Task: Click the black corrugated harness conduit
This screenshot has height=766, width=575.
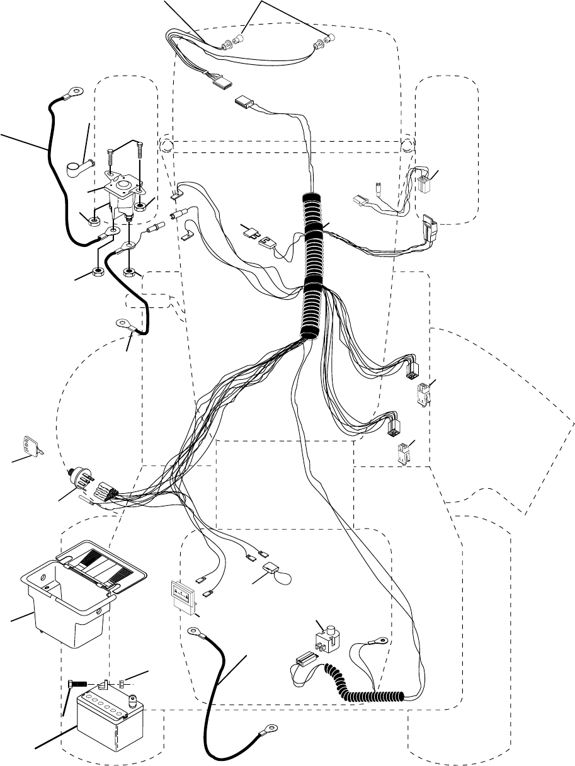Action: [x=313, y=265]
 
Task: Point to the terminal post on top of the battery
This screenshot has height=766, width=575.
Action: [x=134, y=697]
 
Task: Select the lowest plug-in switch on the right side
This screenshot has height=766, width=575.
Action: [x=402, y=454]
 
